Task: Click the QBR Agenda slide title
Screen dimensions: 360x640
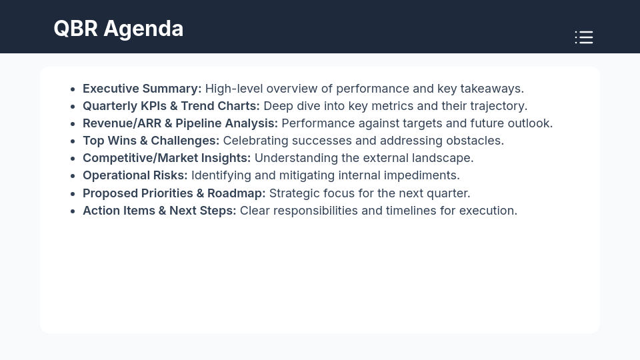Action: (x=118, y=29)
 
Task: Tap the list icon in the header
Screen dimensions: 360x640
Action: (x=584, y=37)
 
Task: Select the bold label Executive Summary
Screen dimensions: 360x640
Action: (x=141, y=89)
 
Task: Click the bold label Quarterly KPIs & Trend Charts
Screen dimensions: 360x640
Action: (x=171, y=106)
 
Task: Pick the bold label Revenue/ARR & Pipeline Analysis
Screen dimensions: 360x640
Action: (x=180, y=123)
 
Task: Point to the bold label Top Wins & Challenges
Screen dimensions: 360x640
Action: (x=151, y=141)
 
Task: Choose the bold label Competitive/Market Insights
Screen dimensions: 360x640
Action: (x=167, y=158)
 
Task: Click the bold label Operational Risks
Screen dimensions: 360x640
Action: (x=135, y=175)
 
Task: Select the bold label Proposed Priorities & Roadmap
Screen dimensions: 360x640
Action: (x=174, y=193)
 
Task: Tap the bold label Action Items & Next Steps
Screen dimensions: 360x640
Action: (x=159, y=211)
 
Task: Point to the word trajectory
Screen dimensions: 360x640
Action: (x=499, y=106)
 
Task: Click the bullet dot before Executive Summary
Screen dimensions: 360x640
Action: (x=72, y=89)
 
